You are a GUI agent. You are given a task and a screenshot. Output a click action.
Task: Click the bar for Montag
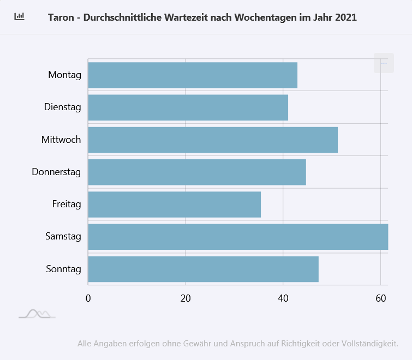[192, 75]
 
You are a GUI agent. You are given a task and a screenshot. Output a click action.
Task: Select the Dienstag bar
[188, 107]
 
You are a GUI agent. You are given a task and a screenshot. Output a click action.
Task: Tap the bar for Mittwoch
[213, 140]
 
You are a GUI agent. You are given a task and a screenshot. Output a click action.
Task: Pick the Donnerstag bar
[196, 172]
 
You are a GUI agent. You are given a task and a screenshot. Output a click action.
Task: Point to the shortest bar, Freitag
[174, 205]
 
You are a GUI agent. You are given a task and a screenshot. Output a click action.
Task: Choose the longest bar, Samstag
[237, 237]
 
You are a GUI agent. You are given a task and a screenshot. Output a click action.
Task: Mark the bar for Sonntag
[203, 269]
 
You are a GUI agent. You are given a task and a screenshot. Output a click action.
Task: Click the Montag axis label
[64, 75]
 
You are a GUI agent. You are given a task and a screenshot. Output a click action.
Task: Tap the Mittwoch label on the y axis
[61, 140]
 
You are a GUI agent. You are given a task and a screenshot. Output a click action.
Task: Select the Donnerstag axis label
[56, 172]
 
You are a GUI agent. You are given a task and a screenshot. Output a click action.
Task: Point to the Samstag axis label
[63, 237]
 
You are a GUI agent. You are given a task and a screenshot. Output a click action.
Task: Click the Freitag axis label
[67, 205]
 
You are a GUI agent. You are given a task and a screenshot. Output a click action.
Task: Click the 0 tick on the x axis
[88, 298]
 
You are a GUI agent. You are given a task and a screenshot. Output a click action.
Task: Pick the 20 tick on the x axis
[186, 298]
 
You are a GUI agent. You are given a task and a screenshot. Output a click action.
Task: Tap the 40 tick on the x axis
[283, 298]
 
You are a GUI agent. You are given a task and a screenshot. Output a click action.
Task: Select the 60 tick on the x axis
[380, 298]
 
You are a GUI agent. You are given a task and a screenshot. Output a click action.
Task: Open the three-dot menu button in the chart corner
[384, 63]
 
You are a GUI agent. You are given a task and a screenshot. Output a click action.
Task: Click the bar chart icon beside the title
[20, 16]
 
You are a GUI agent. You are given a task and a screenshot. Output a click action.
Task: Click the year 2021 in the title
[346, 17]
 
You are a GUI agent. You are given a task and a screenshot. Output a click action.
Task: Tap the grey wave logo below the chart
[37, 314]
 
